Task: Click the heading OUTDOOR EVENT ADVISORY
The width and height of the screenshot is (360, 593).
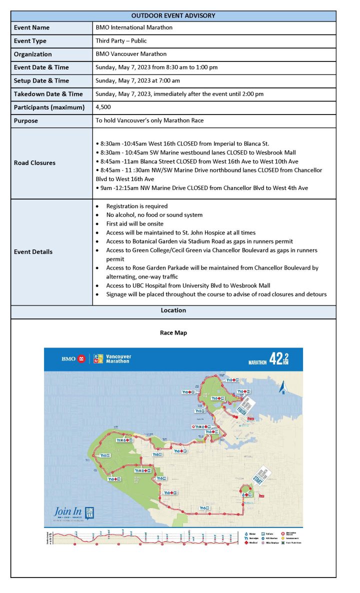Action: pyautogui.click(x=173, y=15)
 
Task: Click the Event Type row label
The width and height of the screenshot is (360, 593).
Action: pyautogui.click(x=30, y=41)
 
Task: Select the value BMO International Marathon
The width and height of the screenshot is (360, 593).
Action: pyautogui.click(x=134, y=27)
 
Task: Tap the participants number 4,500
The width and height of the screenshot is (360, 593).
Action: pyautogui.click(x=103, y=107)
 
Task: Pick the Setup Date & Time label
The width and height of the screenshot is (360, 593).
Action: pyautogui.click(x=41, y=80)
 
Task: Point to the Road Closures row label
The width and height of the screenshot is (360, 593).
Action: pyautogui.click(x=35, y=163)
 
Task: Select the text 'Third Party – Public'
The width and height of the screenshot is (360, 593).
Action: pyautogui.click(x=121, y=41)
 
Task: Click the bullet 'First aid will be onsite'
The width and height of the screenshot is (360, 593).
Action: pyautogui.click(x=134, y=223)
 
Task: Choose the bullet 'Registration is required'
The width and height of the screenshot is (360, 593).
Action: pyautogui.click(x=136, y=206)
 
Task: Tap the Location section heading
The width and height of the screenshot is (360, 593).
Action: pyautogui.click(x=173, y=310)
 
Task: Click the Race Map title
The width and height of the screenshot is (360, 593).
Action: pyautogui.click(x=173, y=333)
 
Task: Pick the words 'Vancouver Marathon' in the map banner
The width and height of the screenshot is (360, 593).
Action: pyautogui.click(x=117, y=359)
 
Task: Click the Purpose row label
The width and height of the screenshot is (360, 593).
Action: pyautogui.click(x=26, y=120)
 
